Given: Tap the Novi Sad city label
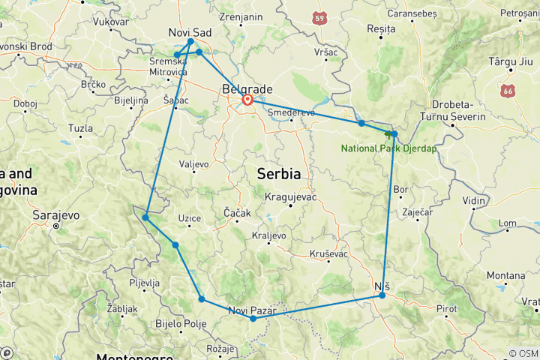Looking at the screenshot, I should pos(191,32).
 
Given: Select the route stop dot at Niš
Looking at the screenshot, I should pos(382,295).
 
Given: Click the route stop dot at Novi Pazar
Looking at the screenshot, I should pos(253,319).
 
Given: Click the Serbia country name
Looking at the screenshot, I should pos(278,173).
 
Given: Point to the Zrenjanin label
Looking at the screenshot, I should pos(241,16).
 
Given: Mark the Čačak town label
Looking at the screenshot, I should pos(237,214).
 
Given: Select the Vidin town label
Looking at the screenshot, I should pos(473,201).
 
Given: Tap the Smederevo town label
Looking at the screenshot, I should pos(291,112).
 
